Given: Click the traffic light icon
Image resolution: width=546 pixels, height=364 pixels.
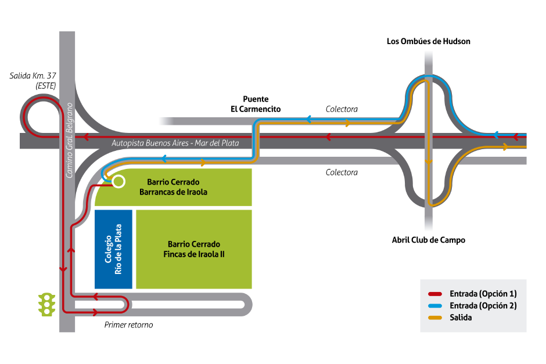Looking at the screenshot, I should click(46, 304).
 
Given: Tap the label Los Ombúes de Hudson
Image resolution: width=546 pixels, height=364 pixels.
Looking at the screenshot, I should click(428, 41).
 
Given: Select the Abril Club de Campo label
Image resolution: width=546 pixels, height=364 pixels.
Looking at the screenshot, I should click(428, 240).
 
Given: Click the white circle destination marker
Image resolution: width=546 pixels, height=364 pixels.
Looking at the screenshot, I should click(118, 182).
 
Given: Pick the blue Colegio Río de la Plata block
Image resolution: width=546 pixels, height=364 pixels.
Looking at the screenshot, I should click(113, 249).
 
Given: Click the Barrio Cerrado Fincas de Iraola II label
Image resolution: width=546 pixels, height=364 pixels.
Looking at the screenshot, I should click(193, 249).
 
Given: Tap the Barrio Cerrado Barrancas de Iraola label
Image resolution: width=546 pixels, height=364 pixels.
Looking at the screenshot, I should click(173, 187).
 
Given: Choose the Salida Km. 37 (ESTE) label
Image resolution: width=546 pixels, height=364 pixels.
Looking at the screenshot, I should click(33, 80).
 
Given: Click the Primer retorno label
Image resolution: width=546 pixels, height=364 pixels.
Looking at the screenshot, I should click(129, 325).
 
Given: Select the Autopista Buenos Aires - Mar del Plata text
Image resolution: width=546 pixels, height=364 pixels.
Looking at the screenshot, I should click(175, 143).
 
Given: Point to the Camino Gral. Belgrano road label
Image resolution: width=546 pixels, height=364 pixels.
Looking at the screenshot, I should click(69, 140).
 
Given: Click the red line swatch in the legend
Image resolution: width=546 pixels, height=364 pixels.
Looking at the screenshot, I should click(436, 294).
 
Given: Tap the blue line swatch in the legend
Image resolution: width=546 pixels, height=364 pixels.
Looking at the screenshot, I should click(436, 306).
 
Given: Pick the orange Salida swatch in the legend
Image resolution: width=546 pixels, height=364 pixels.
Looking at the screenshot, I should click(436, 318).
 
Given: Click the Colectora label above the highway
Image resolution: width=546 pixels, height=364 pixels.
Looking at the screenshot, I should click(342, 109).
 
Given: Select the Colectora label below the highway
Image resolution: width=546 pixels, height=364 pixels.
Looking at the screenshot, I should click(342, 172).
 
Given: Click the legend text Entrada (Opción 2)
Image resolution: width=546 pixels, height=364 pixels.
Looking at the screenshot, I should click(483, 306).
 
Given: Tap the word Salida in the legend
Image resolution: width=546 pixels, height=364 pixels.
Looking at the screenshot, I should click(461, 318).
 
